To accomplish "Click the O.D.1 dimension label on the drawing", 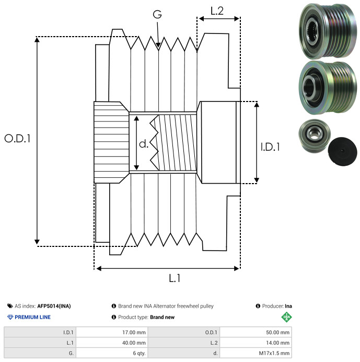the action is (18, 139).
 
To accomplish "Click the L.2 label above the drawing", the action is (217, 11).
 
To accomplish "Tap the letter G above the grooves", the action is (157, 14).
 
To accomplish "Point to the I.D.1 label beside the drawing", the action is (270, 147).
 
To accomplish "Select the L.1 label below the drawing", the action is (175, 278).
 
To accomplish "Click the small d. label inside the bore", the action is (144, 144).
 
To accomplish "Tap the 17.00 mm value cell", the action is (112, 333).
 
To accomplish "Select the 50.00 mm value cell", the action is (256, 333).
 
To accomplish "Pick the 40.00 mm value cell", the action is (112, 343).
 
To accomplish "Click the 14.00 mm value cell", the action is (256, 343).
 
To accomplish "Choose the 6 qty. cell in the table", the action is (112, 353).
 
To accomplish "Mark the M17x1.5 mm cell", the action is (256, 353).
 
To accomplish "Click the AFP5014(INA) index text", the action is (54, 306).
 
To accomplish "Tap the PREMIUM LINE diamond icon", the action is (10, 317).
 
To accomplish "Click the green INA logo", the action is (286, 317).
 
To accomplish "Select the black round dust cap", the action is (342, 151).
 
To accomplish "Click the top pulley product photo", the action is (328, 30).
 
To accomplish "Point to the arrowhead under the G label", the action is (158, 45).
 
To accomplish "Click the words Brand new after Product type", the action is (162, 317).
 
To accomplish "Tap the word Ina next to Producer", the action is (288, 306).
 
